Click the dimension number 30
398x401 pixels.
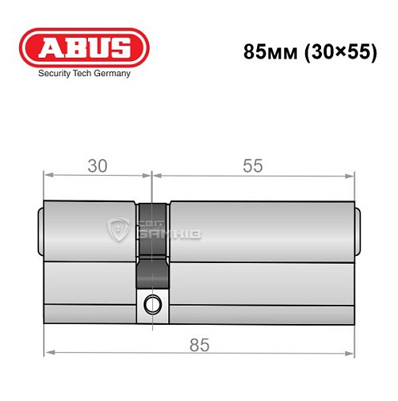click(97, 166)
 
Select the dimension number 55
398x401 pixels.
click(252, 166)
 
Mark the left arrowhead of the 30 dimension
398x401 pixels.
click(46, 176)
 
